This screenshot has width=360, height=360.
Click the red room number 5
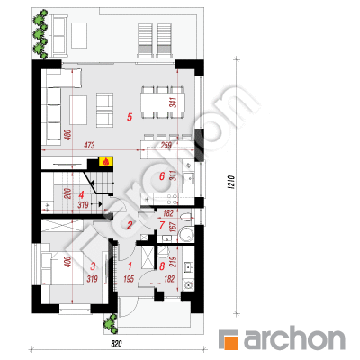pos(130,117)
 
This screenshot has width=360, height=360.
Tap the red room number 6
pos(162,176)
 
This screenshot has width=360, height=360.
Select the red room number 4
pos(81,195)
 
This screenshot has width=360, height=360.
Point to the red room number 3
pos(93,265)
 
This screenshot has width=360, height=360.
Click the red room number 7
pos(162,225)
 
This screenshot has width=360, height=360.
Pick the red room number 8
pos(162,265)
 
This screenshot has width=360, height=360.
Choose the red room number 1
pos(130,265)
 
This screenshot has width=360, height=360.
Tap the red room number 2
pos(130,225)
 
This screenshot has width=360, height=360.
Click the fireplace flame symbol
pos(105,162)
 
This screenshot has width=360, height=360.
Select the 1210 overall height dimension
pos(230,182)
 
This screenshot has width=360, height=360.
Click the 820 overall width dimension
pos(117,344)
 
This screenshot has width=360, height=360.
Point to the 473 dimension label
pos(89,146)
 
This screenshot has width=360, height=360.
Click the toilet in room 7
pos(186,218)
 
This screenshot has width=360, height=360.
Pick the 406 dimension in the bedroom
pos(68,262)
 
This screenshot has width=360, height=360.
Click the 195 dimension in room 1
pos(129,279)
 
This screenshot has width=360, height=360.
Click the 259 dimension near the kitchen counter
pos(166,146)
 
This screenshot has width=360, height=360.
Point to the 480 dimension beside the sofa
pos(67,135)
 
